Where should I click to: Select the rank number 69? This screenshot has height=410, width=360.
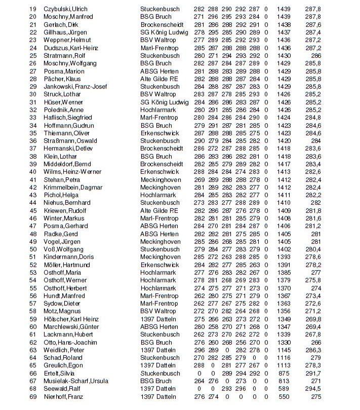tap(33, 396)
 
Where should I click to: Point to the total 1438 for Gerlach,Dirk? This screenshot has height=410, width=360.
tap(284, 25)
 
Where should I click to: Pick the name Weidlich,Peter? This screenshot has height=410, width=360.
tap(64, 350)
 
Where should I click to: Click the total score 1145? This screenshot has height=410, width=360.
tap(284, 350)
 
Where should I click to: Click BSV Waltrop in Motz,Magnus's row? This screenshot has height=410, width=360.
tap(158, 311)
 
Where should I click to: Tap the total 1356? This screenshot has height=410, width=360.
tap(284, 311)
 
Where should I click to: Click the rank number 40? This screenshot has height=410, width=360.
tap(33, 172)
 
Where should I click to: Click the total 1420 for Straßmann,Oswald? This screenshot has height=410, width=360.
tap(284, 141)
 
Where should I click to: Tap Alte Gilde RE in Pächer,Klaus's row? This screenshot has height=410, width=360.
tap(159, 79)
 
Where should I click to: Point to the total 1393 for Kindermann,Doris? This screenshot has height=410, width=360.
tap(284, 257)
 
